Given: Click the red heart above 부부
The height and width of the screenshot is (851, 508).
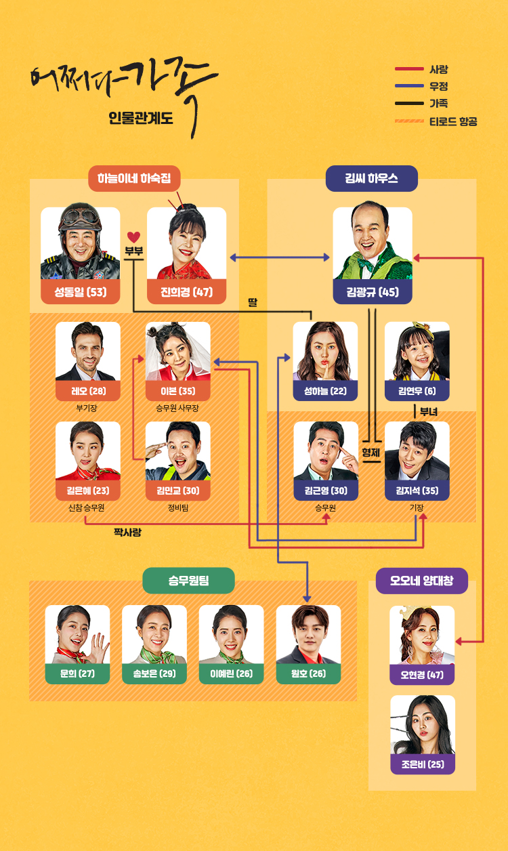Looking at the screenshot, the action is click(134, 237).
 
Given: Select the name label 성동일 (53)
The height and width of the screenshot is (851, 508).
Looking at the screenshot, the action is click(80, 293).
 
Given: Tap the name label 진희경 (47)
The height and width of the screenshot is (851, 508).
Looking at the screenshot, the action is click(186, 293).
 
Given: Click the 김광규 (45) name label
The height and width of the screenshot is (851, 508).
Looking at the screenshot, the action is click(373, 293).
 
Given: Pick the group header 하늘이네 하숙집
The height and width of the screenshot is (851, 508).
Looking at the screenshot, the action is click(134, 179).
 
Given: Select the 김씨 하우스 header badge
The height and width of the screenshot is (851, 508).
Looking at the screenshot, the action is click(371, 179).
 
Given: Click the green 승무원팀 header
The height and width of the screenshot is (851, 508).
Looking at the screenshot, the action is click(188, 581).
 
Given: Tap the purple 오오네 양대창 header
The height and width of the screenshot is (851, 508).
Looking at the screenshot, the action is click(421, 581).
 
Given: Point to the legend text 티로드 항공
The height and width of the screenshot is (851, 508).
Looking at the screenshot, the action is click(453, 121).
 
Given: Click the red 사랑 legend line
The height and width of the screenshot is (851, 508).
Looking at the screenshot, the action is click(408, 69).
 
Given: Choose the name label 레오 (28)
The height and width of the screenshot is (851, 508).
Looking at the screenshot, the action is click(88, 391).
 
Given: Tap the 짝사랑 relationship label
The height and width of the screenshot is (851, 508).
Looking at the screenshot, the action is click(127, 533).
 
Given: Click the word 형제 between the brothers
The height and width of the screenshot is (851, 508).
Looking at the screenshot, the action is click(370, 452).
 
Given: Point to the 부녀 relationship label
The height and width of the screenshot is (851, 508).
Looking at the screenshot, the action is click(429, 411).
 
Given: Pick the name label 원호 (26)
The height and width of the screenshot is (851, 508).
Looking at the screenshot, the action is click(308, 674).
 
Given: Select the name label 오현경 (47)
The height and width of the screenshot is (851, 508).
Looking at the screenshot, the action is click(423, 675).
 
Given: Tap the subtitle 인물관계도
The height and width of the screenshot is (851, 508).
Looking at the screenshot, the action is click(141, 118).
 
